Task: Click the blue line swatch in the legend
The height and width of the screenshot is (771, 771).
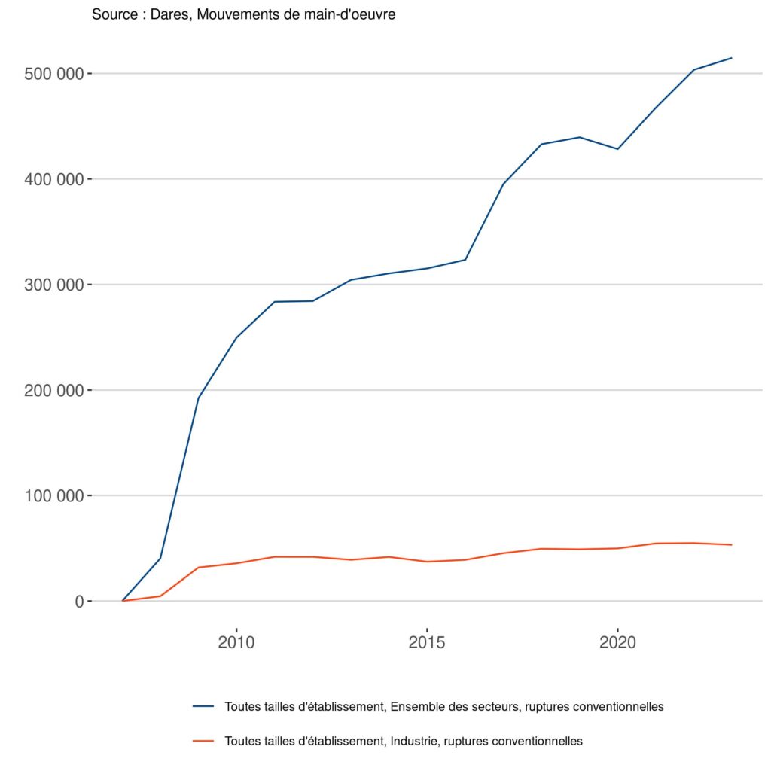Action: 203,707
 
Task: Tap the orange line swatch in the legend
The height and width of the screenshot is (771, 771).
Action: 203,741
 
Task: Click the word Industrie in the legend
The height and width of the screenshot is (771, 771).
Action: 413,741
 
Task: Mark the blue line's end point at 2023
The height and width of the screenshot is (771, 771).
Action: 731,58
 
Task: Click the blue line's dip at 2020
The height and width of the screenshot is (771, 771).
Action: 617,149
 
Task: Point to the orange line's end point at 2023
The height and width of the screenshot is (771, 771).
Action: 731,544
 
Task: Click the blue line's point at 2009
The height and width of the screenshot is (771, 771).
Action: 198,398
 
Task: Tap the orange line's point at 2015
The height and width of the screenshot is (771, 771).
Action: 427,562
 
